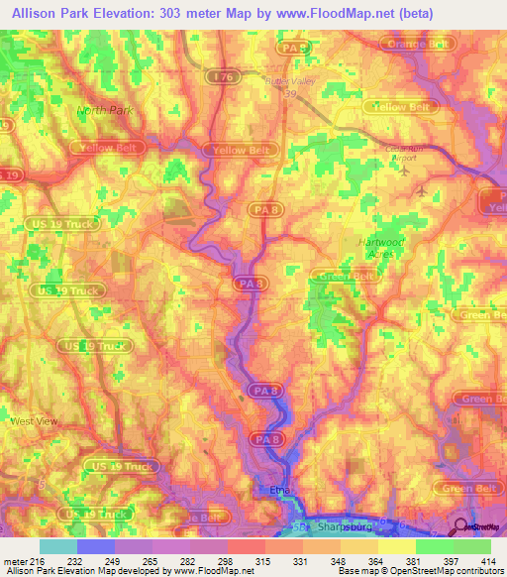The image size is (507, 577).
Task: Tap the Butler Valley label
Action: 289,84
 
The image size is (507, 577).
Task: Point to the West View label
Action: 35,421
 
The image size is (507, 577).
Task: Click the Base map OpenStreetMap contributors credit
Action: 421,572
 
